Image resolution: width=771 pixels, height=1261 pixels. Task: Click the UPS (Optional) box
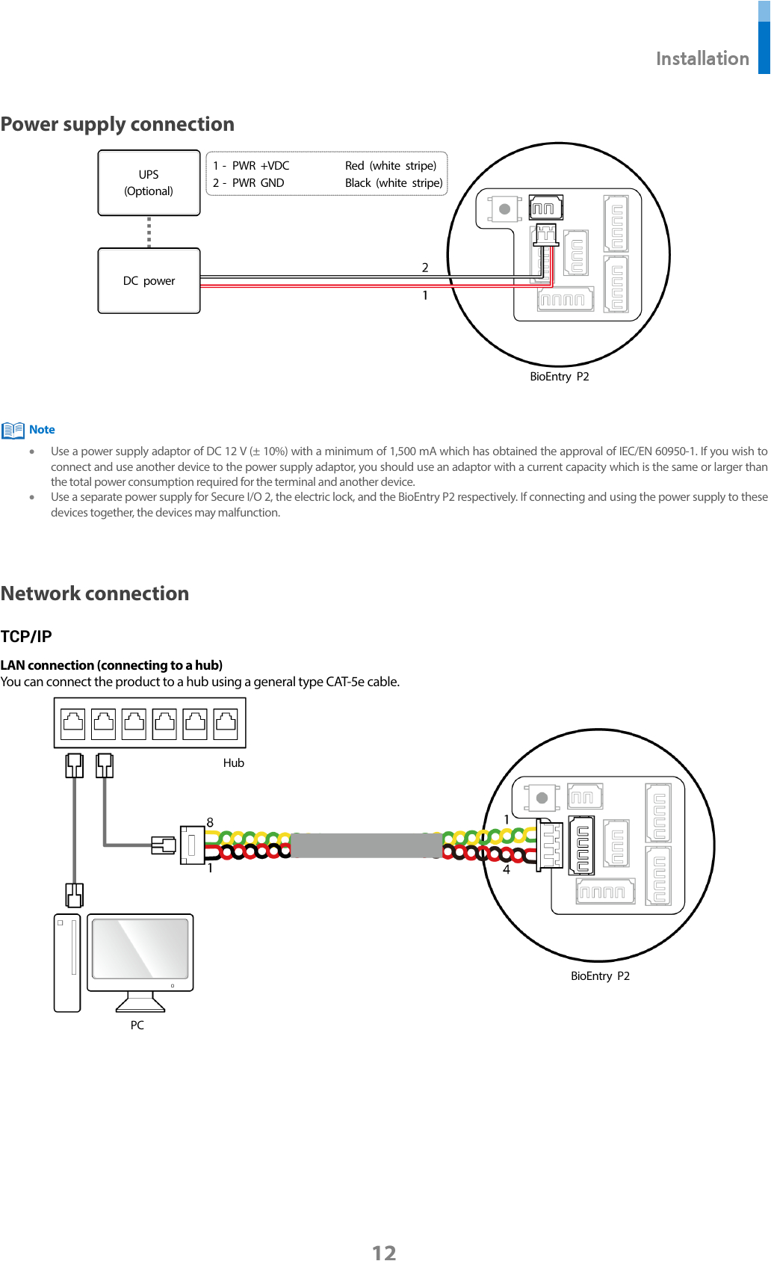tap(149, 183)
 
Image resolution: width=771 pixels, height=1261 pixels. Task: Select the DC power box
tap(149, 281)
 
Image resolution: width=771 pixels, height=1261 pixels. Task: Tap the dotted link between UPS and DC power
tap(149, 232)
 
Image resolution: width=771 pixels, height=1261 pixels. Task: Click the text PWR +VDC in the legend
tap(260, 166)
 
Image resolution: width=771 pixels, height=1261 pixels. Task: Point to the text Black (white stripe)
tap(393, 183)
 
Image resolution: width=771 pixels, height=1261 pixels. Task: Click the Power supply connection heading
tap(117, 124)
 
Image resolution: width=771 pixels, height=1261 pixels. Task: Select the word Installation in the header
tap(702, 59)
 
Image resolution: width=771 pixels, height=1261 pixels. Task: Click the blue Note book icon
tap(13, 431)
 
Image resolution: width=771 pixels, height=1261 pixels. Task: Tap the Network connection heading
tap(95, 593)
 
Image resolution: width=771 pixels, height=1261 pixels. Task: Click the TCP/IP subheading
tap(26, 637)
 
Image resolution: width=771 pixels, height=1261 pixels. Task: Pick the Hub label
tap(233, 763)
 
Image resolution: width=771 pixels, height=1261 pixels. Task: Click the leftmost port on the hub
tap(73, 724)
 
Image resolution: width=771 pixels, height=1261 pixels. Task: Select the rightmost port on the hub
tap(226, 724)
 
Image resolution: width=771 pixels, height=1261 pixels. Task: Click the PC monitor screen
tap(140, 949)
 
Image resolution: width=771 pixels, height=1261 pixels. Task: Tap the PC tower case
tap(67, 963)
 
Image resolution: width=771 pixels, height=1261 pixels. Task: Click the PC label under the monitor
tap(137, 1026)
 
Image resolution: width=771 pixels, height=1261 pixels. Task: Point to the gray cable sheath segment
tap(366, 845)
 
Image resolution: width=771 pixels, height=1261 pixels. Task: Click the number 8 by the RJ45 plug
tap(210, 822)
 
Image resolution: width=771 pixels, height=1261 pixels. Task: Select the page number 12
tap(384, 1252)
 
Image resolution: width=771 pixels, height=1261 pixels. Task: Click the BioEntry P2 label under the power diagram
tap(559, 377)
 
